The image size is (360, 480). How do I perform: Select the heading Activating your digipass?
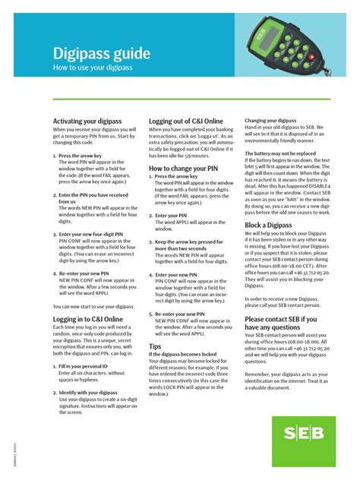[87, 122]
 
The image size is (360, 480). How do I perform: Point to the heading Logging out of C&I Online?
[186, 122]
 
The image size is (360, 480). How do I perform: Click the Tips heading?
[156, 346]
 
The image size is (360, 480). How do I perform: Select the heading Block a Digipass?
[267, 226]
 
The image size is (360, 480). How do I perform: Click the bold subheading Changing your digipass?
[270, 121]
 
